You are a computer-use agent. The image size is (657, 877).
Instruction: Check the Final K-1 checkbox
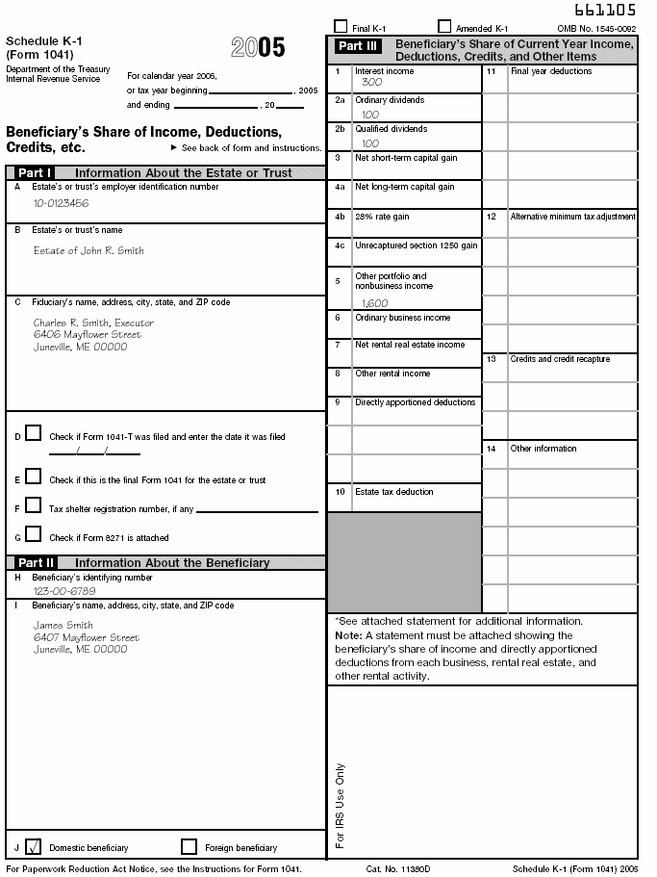341,27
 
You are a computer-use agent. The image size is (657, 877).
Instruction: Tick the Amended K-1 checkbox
444,27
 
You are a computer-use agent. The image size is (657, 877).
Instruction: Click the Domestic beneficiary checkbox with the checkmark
34,847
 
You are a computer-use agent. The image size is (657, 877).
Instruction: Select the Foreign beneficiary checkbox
189,847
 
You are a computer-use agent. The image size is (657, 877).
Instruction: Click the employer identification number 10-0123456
61,203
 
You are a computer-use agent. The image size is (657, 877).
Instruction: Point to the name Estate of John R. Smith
88,250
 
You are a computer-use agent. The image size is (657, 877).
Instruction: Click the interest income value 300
371,83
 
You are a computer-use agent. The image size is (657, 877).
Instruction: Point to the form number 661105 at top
605,11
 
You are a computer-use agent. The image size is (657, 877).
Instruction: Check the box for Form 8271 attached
34,533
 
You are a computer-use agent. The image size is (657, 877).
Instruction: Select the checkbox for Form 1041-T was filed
34,433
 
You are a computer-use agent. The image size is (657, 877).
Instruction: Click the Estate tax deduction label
393,492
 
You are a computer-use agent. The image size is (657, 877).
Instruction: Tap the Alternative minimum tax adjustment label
572,217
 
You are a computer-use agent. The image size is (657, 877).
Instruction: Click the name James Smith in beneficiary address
63,625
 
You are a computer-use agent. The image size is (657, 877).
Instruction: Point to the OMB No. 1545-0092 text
596,30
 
